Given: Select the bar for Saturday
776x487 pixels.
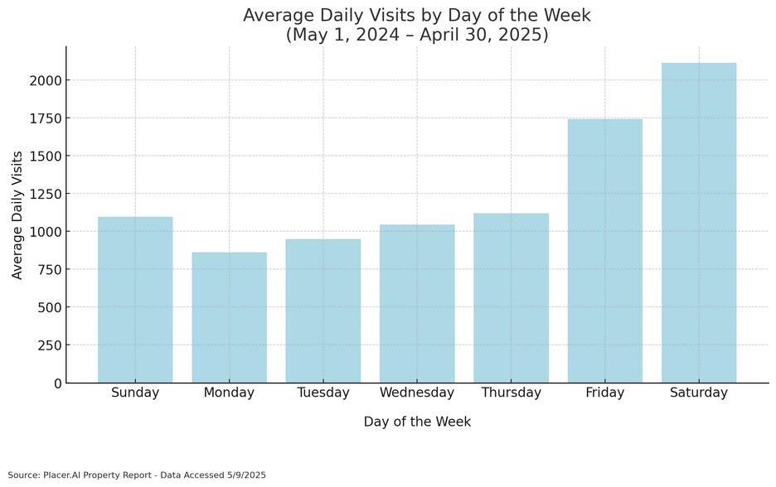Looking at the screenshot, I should [699, 223].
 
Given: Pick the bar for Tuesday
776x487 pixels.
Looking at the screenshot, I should [323, 311].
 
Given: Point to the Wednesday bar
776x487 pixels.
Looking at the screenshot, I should [417, 303].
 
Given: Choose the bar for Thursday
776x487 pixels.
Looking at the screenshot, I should [511, 298].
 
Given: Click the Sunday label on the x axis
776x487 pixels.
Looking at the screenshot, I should [135, 393].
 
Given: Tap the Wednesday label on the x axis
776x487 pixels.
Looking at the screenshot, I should [417, 393].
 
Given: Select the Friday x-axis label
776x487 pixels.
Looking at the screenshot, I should [605, 393].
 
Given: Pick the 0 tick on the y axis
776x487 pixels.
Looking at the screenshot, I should [56, 383].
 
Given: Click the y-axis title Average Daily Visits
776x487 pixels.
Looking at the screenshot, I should [17, 215].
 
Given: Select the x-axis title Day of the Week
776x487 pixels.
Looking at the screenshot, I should [417, 422].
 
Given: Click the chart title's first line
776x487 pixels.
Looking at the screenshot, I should [417, 16].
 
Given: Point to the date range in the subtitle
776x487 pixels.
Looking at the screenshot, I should [417, 36].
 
